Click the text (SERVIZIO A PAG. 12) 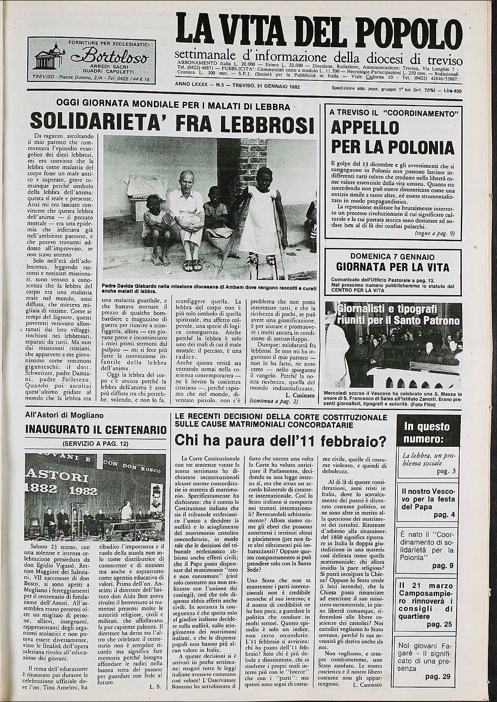click(95, 444)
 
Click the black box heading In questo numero click(420, 432)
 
